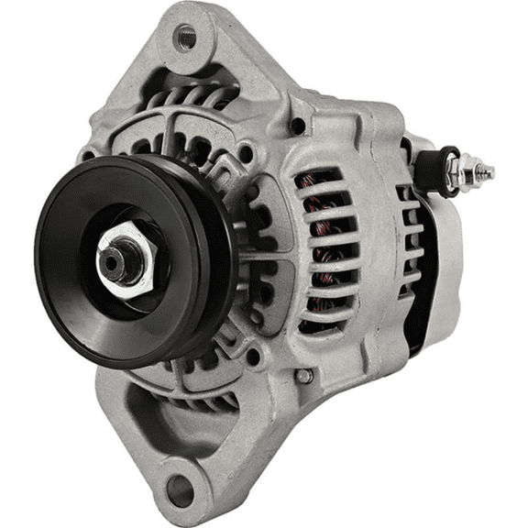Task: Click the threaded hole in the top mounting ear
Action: tap(186, 38)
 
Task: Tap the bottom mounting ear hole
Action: tap(181, 490)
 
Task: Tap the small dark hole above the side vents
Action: tap(297, 126)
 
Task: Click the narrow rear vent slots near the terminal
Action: tap(409, 229)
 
